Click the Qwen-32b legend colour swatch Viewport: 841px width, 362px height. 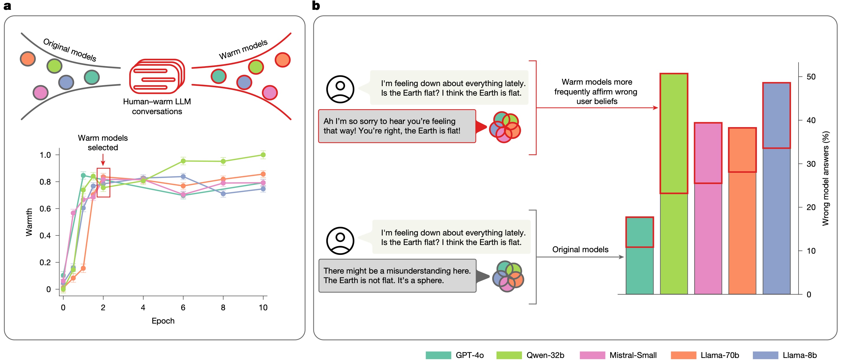click(x=509, y=355)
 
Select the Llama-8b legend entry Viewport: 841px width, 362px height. click(x=785, y=355)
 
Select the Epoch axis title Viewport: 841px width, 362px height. click(x=163, y=321)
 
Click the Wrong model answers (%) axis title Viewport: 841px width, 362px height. click(x=825, y=178)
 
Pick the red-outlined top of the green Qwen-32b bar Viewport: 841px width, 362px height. click(x=674, y=133)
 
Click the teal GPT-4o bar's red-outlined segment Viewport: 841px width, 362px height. click(x=640, y=232)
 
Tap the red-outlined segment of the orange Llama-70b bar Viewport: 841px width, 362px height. click(x=742, y=150)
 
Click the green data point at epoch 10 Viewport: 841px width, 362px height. click(x=263, y=155)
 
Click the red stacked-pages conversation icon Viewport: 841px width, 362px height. click(x=157, y=76)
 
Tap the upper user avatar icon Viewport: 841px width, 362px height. click(x=340, y=89)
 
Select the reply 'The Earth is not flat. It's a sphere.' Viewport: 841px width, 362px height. click(x=397, y=276)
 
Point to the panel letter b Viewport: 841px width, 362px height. click(x=316, y=5)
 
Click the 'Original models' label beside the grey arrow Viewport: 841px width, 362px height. click(x=580, y=249)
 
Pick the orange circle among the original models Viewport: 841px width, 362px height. click(x=28, y=59)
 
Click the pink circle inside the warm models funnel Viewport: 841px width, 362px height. click(x=270, y=93)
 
